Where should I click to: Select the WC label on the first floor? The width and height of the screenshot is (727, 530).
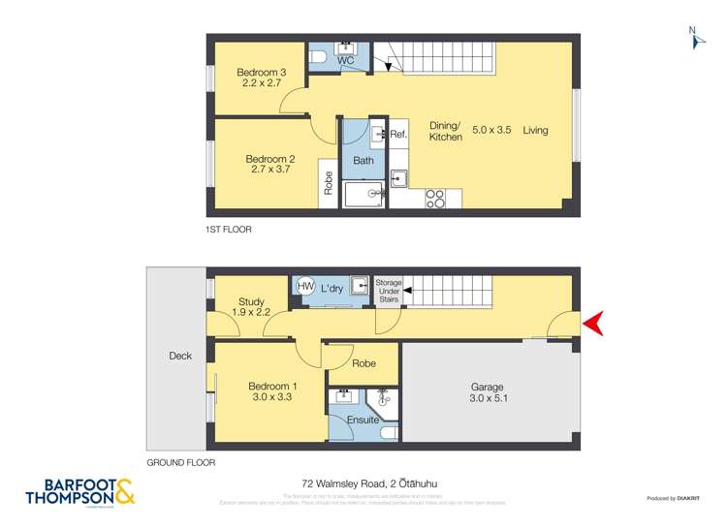pyautogui.click(x=345, y=61)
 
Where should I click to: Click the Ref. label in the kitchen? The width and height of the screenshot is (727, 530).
pyautogui.click(x=398, y=134)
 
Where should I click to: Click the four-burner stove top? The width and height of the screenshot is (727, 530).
pyautogui.click(x=435, y=199)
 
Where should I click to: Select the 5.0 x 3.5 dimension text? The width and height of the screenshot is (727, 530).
pyautogui.click(x=490, y=130)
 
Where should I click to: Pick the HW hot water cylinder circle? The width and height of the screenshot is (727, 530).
pyautogui.click(x=305, y=287)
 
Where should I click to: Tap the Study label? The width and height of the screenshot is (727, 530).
pyautogui.click(x=251, y=302)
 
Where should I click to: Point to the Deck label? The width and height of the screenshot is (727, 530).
pyautogui.click(x=180, y=356)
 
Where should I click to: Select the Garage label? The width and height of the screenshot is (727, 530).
pyautogui.click(x=489, y=386)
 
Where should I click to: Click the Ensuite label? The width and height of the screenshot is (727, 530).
pyautogui.click(x=363, y=420)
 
